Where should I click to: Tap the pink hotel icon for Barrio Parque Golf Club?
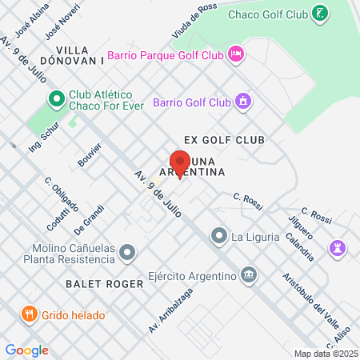(236, 54)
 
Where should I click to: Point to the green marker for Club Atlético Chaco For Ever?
(56, 99)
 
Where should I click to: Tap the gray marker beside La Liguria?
(218, 236)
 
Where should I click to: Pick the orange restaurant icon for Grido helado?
(29, 314)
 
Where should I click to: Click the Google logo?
(26, 350)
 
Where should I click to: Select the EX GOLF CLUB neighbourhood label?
(212, 140)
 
